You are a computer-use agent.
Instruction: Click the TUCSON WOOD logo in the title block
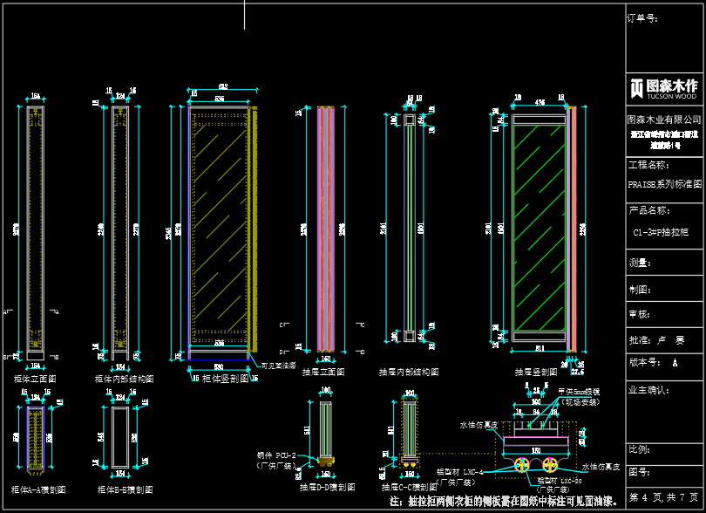click(x=664, y=87)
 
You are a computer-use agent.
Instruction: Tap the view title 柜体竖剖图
click(x=226, y=379)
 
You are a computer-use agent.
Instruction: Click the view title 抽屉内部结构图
click(x=409, y=372)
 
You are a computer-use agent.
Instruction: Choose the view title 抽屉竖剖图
click(x=533, y=372)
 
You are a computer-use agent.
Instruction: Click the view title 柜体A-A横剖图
click(x=38, y=489)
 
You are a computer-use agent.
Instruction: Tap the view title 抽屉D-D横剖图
click(x=327, y=487)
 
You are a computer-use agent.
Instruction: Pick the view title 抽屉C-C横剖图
click(x=411, y=487)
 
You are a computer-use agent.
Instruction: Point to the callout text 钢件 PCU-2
click(x=278, y=455)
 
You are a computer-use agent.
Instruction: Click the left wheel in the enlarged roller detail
click(x=524, y=464)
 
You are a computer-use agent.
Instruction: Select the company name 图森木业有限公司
click(x=664, y=120)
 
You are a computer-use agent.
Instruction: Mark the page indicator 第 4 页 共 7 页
click(x=664, y=496)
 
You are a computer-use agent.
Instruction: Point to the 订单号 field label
click(x=642, y=17)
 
